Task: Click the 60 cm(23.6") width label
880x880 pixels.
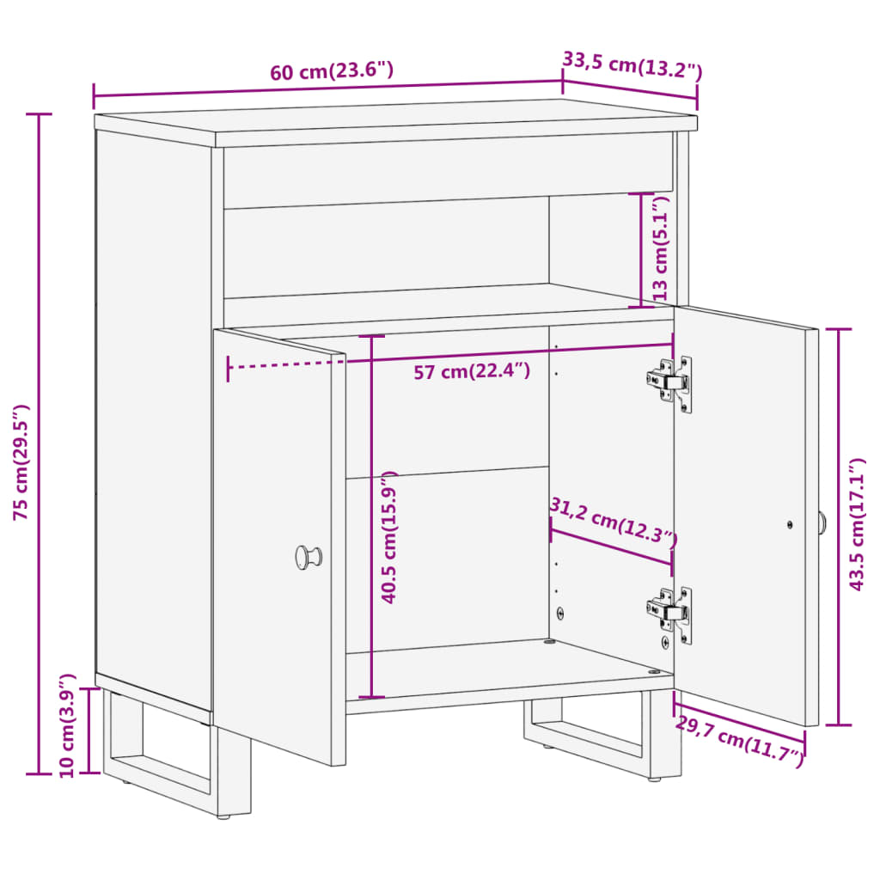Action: pos(332,71)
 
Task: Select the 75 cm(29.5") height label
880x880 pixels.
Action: pos(22,461)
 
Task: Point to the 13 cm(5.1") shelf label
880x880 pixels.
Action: pos(660,248)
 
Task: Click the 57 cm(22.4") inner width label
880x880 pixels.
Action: pos(472,371)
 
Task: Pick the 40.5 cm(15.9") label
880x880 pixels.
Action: pos(389,537)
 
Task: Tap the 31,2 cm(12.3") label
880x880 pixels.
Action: pos(613,521)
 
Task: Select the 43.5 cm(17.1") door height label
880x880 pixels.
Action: pos(856,524)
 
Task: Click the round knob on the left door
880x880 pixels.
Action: pos(308,556)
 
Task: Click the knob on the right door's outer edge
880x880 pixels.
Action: pos(822,522)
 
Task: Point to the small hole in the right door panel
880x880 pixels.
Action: pos(790,524)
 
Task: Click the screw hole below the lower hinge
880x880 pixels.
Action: pos(664,642)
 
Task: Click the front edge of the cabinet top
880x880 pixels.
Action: pos(455,137)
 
